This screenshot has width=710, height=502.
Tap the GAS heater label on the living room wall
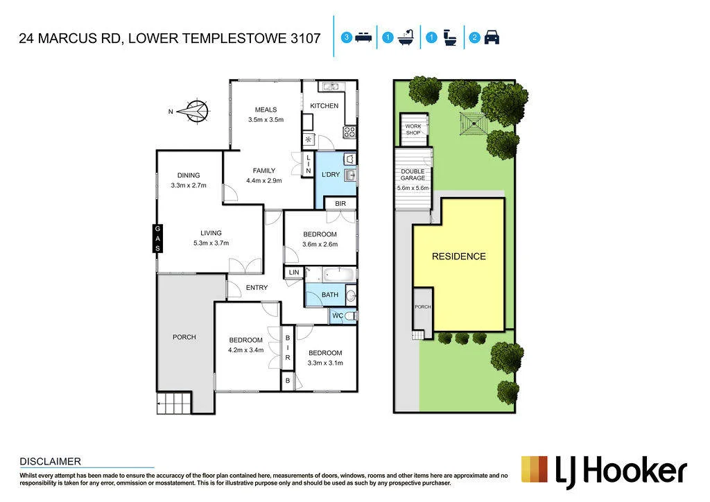pyautogui.click(x=157, y=239)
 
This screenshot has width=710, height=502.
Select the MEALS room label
pyautogui.click(x=266, y=110)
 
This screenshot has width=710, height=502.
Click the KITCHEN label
pyautogui.click(x=324, y=105)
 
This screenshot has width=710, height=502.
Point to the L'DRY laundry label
pyautogui.click(x=331, y=174)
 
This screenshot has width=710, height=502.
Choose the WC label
pyautogui.click(x=338, y=315)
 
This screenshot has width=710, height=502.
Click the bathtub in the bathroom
pyautogui.click(x=338, y=275)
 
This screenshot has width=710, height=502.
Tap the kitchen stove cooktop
pyautogui.click(x=349, y=132)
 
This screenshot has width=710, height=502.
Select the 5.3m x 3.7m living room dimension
pyautogui.click(x=211, y=243)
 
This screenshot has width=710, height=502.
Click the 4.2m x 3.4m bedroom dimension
pyautogui.click(x=246, y=350)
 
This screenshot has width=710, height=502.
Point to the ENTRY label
pyautogui.click(x=257, y=288)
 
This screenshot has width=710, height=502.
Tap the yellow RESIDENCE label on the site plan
pyautogui.click(x=459, y=257)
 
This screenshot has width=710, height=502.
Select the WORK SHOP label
pyautogui.click(x=413, y=130)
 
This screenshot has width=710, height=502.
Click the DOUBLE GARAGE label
pyautogui.click(x=413, y=175)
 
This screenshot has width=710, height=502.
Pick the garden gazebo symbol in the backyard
pyautogui.click(x=473, y=123)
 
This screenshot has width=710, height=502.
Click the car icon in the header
pyautogui.click(x=492, y=37)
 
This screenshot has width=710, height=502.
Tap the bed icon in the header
pyautogui.click(x=363, y=37)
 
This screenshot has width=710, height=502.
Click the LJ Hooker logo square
pyautogui.click(x=535, y=469)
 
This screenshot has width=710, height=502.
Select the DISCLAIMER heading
pyautogui.click(x=50, y=462)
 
